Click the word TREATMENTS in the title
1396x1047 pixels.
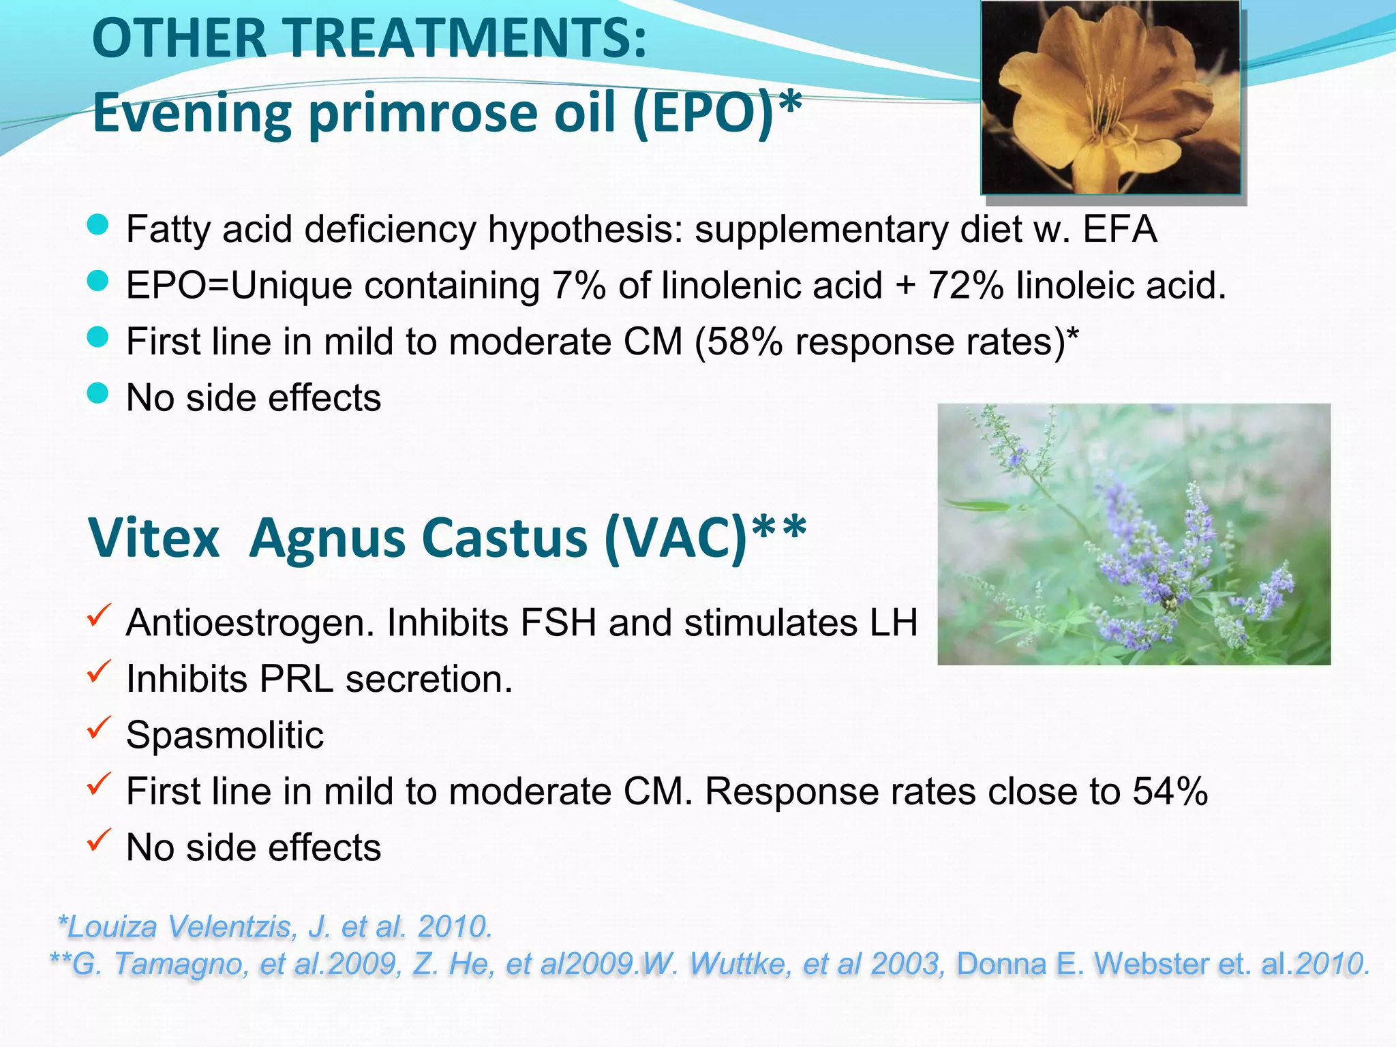click(455, 40)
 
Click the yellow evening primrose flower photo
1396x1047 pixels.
click(1110, 97)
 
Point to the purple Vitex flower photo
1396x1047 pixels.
click(1134, 534)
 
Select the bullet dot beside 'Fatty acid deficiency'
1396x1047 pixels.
click(98, 225)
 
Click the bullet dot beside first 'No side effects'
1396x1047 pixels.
click(98, 393)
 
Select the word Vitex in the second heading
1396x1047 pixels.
click(154, 538)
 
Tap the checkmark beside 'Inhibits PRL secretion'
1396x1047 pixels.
click(99, 673)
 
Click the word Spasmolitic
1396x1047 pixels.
click(225, 735)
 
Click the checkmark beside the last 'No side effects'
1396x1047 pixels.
click(99, 841)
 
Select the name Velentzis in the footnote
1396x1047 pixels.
click(231, 927)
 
